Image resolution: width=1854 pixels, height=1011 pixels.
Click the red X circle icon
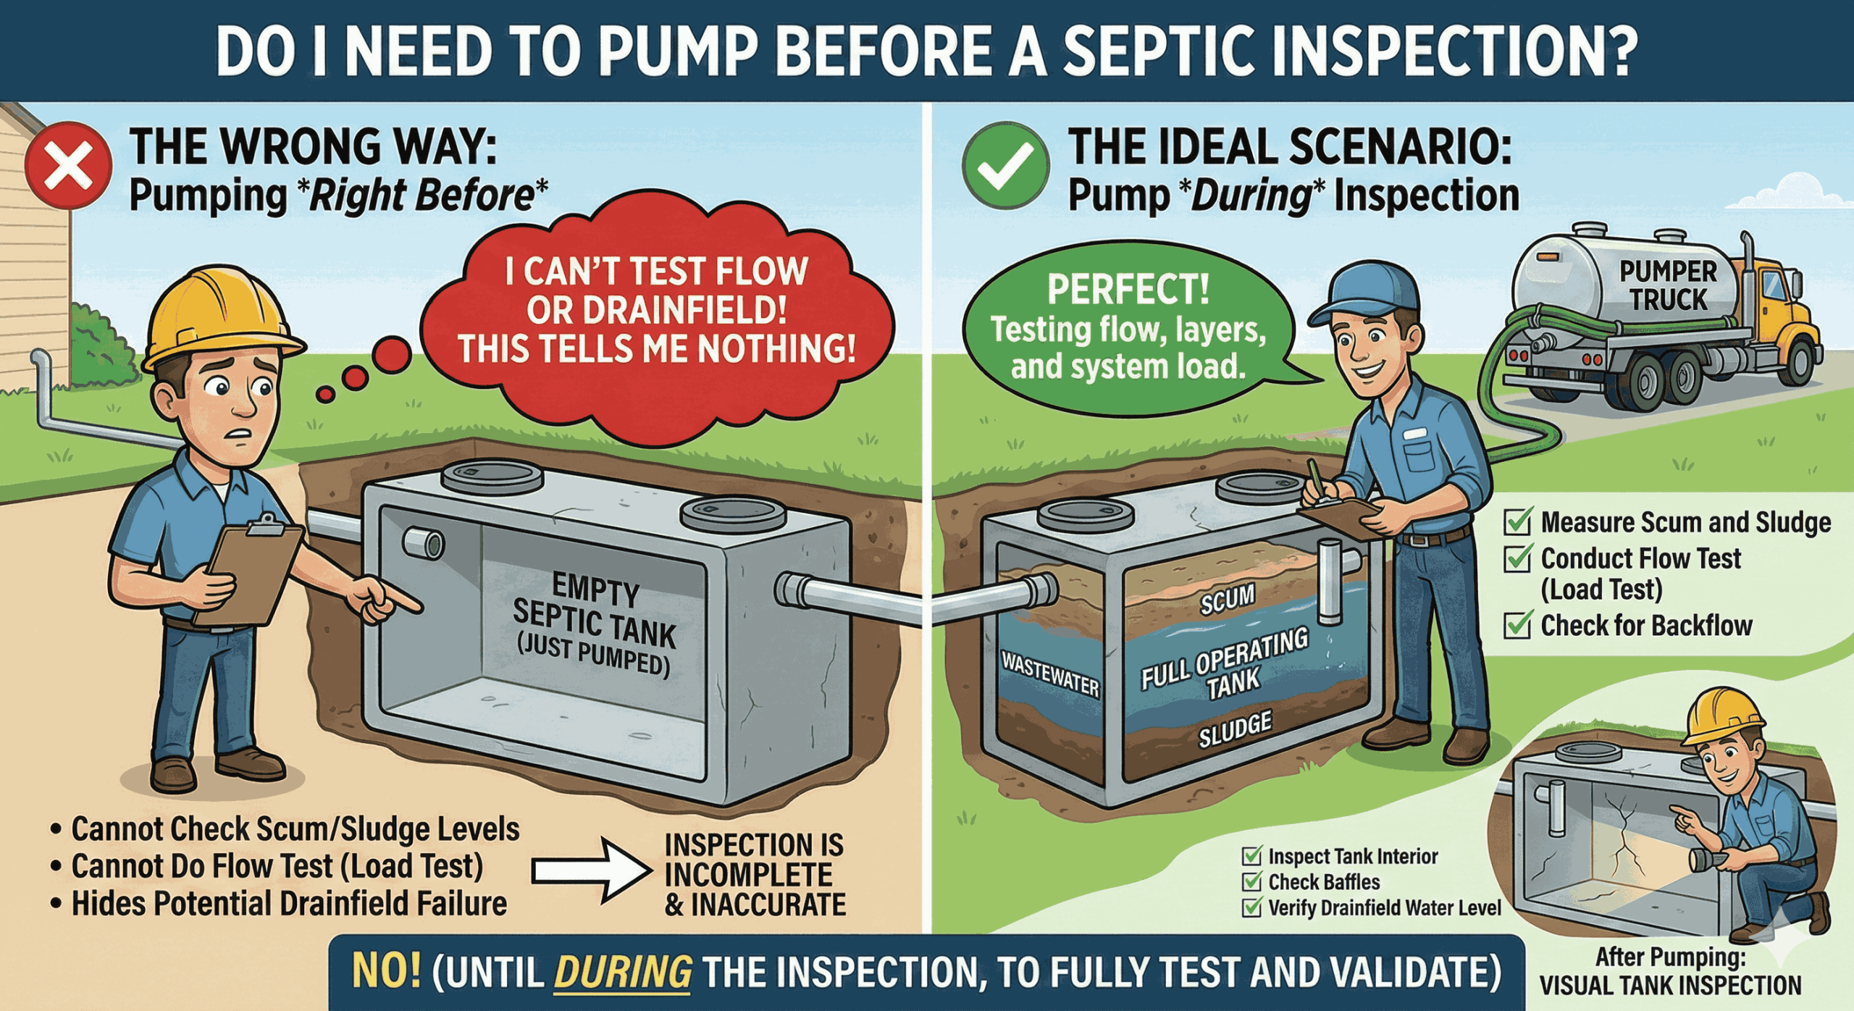(68, 166)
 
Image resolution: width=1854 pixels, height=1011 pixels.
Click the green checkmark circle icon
(1005, 166)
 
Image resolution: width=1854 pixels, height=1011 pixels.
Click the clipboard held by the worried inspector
(250, 572)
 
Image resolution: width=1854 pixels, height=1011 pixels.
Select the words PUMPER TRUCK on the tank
(1668, 285)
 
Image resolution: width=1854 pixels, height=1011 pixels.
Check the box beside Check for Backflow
(1517, 625)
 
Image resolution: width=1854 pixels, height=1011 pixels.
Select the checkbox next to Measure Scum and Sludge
(1517, 521)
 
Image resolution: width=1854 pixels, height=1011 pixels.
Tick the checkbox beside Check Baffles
(1251, 881)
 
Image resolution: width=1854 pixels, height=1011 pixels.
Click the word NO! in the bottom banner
(386, 971)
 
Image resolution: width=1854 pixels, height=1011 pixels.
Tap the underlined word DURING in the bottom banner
(623, 973)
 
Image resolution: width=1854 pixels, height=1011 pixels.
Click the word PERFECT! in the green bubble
(1128, 289)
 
